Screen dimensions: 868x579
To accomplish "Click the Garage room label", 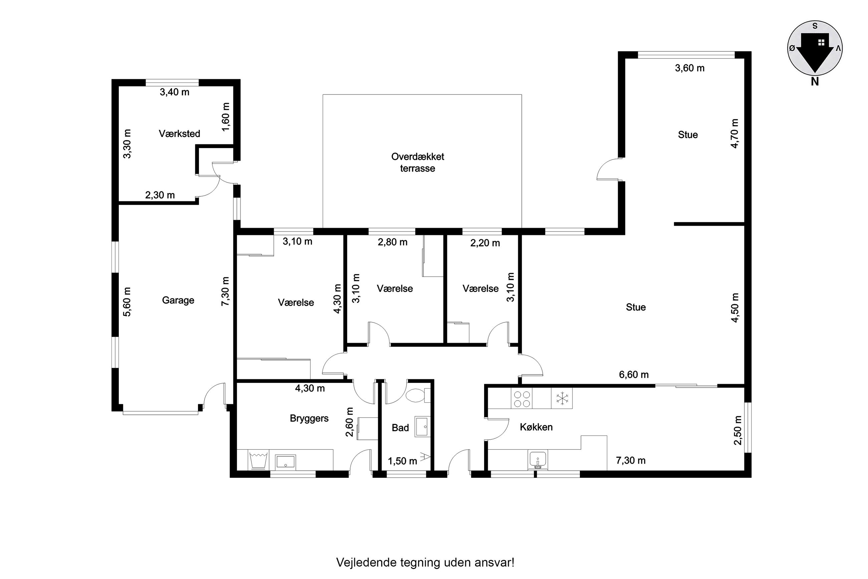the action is pyautogui.click(x=178, y=300).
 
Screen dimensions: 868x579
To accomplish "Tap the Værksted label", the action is pyautogui.click(x=179, y=134).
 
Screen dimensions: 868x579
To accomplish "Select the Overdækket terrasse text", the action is pyautogui.click(x=418, y=162).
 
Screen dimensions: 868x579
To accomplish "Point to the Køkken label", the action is pyautogui.click(x=536, y=427).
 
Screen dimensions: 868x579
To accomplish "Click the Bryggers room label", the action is pyautogui.click(x=309, y=418).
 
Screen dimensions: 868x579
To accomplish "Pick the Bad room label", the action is pyautogui.click(x=400, y=428).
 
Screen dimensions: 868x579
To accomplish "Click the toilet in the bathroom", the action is pyautogui.click(x=418, y=396).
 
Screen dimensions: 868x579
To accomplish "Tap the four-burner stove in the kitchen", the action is pyautogui.click(x=522, y=399).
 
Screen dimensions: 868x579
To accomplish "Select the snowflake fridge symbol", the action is pyautogui.click(x=562, y=399).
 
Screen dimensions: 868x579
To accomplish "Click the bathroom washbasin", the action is pyautogui.click(x=422, y=427).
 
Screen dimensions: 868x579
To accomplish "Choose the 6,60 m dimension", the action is pyautogui.click(x=634, y=375).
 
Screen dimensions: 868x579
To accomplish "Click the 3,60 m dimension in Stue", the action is pyautogui.click(x=689, y=68).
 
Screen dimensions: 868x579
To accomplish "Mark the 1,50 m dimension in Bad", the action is pyautogui.click(x=403, y=461).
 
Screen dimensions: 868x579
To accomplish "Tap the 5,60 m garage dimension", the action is pyautogui.click(x=127, y=301).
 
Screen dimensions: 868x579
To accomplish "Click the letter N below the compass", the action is pyautogui.click(x=815, y=82).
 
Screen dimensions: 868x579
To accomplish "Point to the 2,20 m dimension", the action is pyautogui.click(x=485, y=243).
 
